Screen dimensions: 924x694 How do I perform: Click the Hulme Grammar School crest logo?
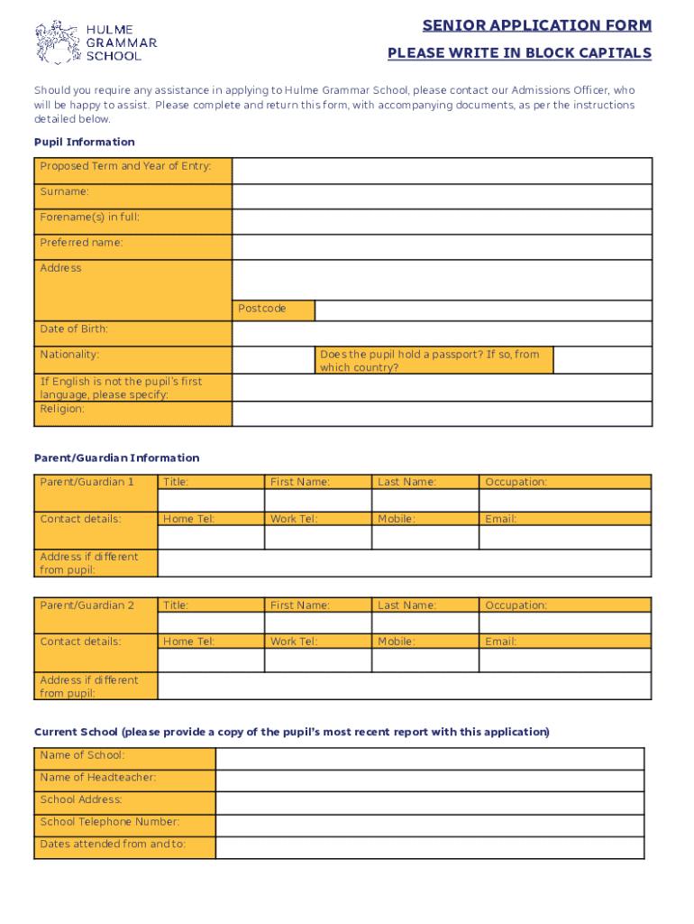coord(57,42)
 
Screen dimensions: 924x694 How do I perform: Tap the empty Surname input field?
coord(442,197)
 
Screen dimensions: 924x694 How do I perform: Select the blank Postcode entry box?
coord(483,310)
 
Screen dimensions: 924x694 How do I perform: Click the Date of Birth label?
coord(74,329)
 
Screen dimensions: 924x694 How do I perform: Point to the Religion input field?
coord(442,414)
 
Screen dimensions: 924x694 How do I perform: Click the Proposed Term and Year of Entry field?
coord(442,171)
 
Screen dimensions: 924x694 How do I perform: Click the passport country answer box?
coord(601,360)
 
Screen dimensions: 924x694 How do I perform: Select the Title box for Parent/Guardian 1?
coord(211,501)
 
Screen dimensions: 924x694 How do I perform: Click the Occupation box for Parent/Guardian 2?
coord(564,624)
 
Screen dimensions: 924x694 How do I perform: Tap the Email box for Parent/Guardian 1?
coord(564,538)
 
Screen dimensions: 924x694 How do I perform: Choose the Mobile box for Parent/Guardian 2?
coord(425,661)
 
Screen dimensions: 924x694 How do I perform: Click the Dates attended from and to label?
coord(113,845)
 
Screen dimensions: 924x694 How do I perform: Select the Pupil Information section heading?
coord(85,142)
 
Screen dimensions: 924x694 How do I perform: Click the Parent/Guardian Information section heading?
coord(117,458)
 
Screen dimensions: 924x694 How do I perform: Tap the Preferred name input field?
coord(442,247)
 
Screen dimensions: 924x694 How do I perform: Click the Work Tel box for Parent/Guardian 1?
coord(317,538)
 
